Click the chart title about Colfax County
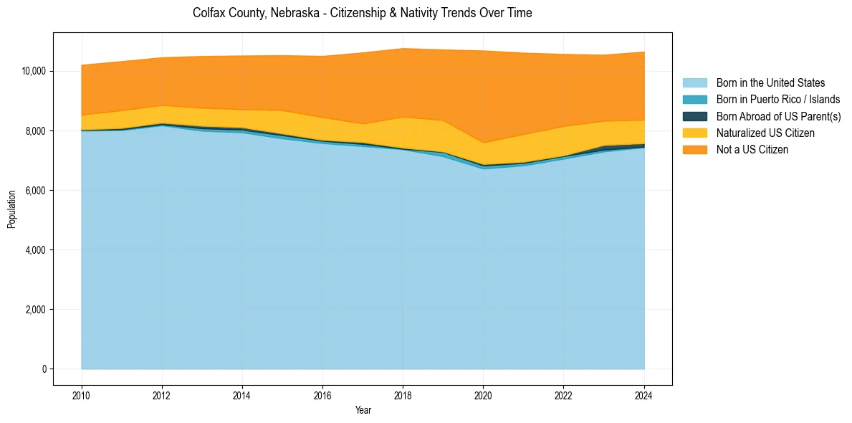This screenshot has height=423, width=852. [362, 13]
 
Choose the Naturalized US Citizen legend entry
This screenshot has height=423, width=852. [765, 133]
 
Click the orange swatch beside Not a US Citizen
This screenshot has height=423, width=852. [694, 149]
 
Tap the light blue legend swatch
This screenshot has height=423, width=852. [694, 83]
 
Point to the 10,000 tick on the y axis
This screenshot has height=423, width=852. [34, 71]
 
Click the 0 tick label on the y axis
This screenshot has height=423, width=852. [44, 369]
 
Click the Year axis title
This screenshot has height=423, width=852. [363, 410]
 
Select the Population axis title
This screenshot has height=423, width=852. [11, 209]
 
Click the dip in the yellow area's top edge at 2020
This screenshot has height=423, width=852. [483, 143]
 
